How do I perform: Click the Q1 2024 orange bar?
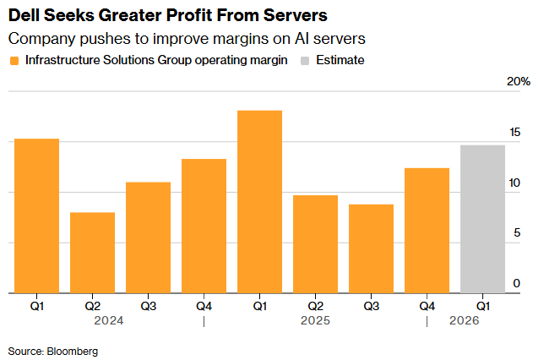36,215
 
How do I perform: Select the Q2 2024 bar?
92,253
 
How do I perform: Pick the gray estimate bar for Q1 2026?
482,219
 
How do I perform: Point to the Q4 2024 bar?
204,226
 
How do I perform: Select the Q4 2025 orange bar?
427,230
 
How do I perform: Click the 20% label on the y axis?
518,82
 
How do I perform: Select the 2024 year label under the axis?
108,321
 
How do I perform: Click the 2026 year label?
464,321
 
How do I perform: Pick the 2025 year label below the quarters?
314,321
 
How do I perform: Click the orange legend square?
14,61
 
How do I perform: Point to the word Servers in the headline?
295,15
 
